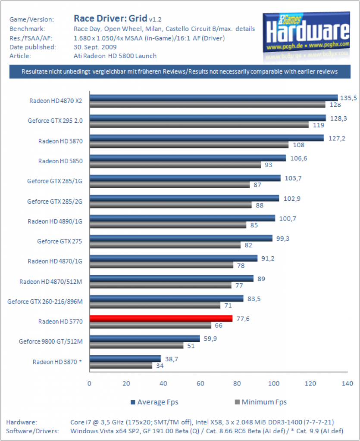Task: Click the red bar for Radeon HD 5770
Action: point(161,318)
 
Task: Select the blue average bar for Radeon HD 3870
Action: point(125,359)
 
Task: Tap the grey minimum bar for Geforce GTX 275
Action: point(165,245)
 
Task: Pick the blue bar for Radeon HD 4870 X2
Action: point(214,98)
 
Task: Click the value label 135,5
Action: point(348,98)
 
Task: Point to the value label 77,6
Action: point(243,319)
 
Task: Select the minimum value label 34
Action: point(160,366)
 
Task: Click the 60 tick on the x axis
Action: point(200,383)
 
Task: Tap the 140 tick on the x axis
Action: point(347,383)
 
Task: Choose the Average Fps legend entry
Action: point(154,402)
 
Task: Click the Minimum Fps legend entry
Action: point(261,402)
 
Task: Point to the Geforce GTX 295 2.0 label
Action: point(55,121)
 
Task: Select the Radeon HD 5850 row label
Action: point(60,161)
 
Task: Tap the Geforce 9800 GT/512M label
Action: point(51,342)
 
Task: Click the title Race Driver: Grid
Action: point(110,18)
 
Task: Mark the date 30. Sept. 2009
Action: point(95,47)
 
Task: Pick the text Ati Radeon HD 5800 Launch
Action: point(115,56)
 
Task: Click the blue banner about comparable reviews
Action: point(180,71)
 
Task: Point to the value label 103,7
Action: point(293,178)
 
